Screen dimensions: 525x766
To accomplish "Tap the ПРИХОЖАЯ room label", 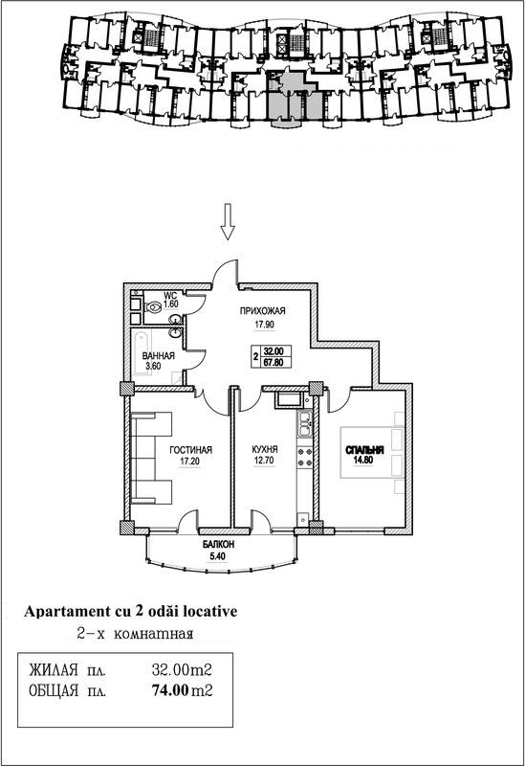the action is tap(262, 310).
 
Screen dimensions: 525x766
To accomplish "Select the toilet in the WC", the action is tap(154, 307).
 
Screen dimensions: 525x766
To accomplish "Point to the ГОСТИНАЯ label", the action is tap(190, 450).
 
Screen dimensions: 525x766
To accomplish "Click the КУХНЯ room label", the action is tap(265, 449).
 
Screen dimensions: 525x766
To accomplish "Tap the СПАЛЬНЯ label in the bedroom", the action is tap(364, 450).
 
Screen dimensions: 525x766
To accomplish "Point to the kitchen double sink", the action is tap(304, 424).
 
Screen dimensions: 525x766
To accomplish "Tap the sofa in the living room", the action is tap(151, 458).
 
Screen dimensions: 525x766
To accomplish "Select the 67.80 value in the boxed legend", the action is tap(276, 362).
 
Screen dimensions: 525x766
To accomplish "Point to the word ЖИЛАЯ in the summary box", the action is tap(54, 669).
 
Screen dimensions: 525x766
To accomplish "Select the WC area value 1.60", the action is tap(171, 304).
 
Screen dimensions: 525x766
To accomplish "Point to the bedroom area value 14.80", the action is tap(360, 460).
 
